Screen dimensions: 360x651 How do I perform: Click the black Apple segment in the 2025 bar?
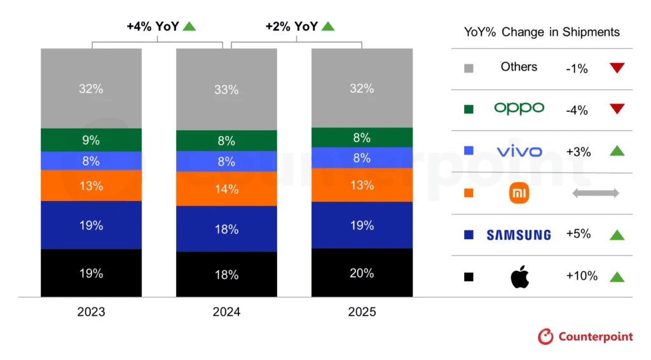pyautogui.click(x=362, y=272)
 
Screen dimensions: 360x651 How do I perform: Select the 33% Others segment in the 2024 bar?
pyautogui.click(x=226, y=90)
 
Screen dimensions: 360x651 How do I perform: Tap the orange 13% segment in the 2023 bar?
pyautogui.click(x=91, y=186)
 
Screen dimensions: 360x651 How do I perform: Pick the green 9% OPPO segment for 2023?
pyautogui.click(x=91, y=140)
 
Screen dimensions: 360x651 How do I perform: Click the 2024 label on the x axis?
pyautogui.click(x=226, y=312)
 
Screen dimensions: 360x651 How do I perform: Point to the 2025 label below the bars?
pyautogui.click(x=362, y=312)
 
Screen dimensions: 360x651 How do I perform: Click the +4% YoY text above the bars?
pyautogui.click(x=153, y=26)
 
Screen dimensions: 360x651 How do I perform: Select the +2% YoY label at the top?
pyautogui.click(x=292, y=26)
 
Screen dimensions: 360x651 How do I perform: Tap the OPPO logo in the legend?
pyautogui.click(x=519, y=109)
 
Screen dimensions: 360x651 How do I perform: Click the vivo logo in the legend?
pyautogui.click(x=519, y=151)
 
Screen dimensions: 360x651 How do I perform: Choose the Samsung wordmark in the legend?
pyautogui.click(x=519, y=235)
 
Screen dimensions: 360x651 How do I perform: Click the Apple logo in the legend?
pyautogui.click(x=519, y=277)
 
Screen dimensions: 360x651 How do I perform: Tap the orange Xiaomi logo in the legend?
pyautogui.click(x=519, y=193)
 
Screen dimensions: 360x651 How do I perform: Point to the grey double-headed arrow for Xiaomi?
pyautogui.click(x=595, y=193)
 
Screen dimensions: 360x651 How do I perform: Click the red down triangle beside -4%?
pyautogui.click(x=617, y=109)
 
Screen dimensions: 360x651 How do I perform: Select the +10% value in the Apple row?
pyautogui.click(x=582, y=276)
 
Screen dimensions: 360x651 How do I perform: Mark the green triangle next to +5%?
pyautogui.click(x=617, y=235)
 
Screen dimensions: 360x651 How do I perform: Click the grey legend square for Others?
pyautogui.click(x=469, y=68)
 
